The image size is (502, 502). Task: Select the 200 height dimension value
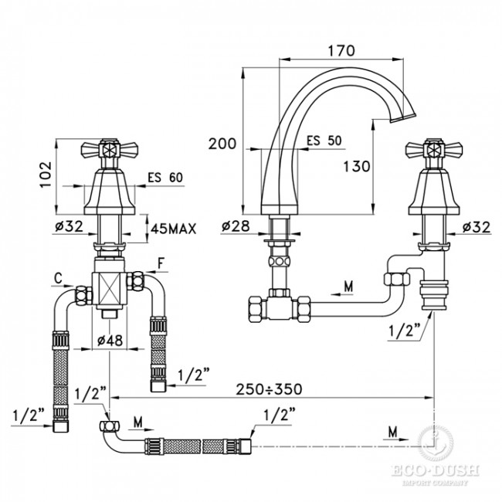223,144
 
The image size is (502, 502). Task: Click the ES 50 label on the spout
323,141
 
